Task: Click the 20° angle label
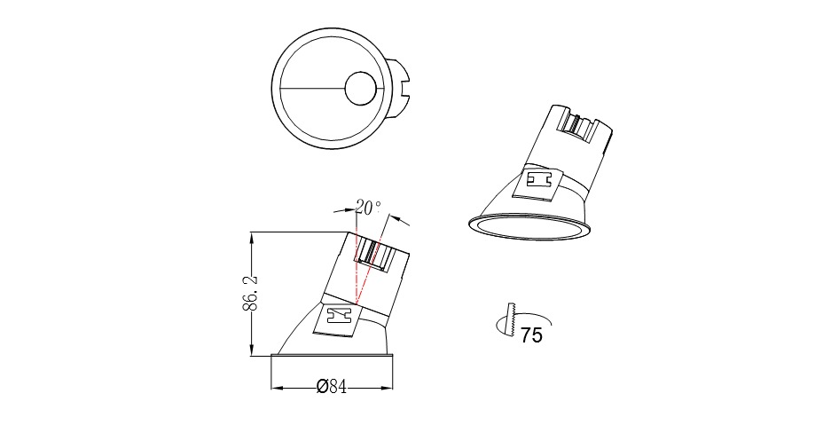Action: coord(367,208)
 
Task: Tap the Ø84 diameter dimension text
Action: coord(331,387)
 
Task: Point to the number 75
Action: coord(531,335)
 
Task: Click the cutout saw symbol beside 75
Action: coord(510,319)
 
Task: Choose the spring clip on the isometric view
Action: coord(538,180)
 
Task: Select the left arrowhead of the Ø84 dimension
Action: coord(275,388)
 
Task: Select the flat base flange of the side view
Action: coord(332,357)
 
